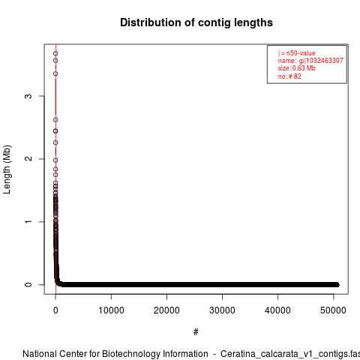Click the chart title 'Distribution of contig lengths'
[x=196, y=22]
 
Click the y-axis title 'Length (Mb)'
[x=7, y=169]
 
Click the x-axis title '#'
[x=196, y=332]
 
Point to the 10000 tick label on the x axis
[x=111, y=310]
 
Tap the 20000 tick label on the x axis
[x=166, y=310]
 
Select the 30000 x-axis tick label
[x=222, y=310]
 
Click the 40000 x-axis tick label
[x=277, y=310]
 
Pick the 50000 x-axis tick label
[x=333, y=310]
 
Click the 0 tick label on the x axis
[x=55, y=310]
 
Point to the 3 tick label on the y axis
[x=28, y=96]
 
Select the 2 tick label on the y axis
[x=28, y=159]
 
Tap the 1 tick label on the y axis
[x=28, y=222]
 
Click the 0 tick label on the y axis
[x=28, y=284]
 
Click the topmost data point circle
[x=55, y=53]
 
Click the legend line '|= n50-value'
[x=296, y=53]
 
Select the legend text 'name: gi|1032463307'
[x=310, y=61]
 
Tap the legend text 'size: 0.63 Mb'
[x=297, y=68]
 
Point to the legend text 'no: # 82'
[x=289, y=76]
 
